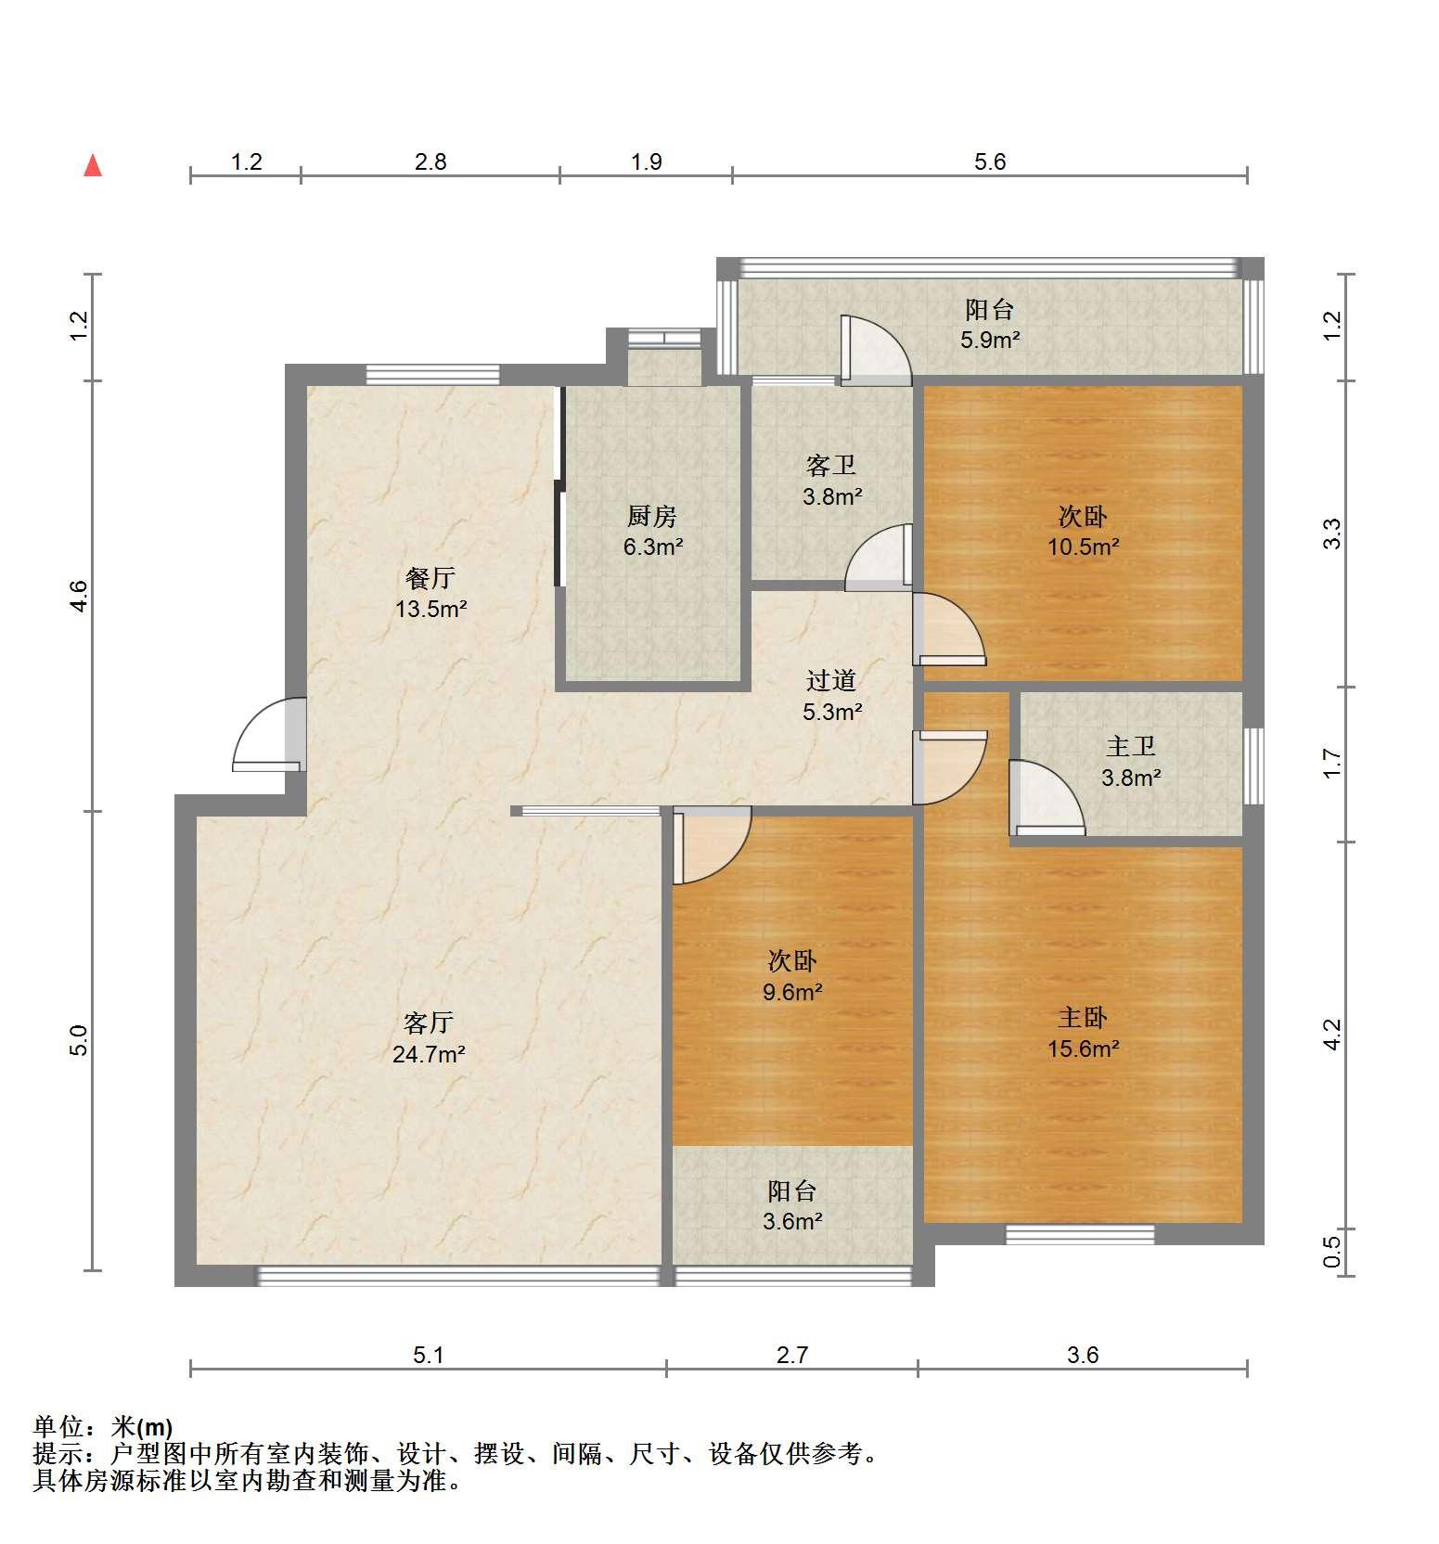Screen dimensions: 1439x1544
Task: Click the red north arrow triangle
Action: [x=93, y=166]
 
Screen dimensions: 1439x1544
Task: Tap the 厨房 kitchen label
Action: [x=652, y=516]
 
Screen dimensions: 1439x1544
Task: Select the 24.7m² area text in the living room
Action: [x=429, y=1054]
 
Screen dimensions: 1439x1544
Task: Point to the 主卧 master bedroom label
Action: [x=1083, y=1018]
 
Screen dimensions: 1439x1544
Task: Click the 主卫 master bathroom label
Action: [x=1131, y=746]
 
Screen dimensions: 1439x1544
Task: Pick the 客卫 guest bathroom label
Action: [x=831, y=465]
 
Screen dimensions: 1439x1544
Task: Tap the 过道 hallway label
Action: [x=831, y=681]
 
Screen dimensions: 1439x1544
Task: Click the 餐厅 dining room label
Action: [x=430, y=578]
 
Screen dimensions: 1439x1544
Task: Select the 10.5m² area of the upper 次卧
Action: [x=1084, y=547]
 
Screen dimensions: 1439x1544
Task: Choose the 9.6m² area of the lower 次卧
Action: [x=793, y=992]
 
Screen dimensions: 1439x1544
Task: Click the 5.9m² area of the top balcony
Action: [x=990, y=340]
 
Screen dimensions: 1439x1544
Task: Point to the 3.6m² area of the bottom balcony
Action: [x=793, y=1221]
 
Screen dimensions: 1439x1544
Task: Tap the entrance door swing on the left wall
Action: [x=269, y=734]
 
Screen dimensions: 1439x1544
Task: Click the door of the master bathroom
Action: [x=1046, y=798]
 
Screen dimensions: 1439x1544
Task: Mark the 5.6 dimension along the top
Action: [x=990, y=162]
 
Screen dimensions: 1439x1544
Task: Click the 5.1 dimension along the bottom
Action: [x=429, y=1356]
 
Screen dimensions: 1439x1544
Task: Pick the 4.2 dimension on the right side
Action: [x=1332, y=1035]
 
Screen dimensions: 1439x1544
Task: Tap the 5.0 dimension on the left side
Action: [x=79, y=1040]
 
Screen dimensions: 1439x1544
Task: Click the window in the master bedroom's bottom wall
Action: [x=1081, y=1234]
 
